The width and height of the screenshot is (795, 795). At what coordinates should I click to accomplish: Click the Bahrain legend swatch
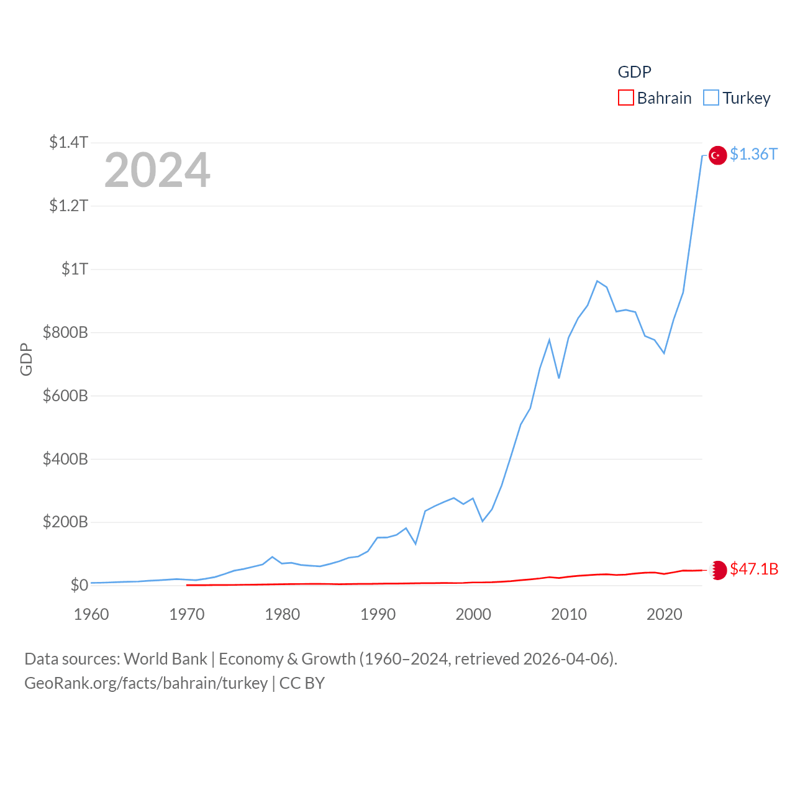(x=626, y=98)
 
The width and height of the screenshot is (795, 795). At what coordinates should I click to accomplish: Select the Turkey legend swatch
(x=711, y=98)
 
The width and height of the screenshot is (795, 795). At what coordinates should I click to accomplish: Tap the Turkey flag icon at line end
(x=717, y=155)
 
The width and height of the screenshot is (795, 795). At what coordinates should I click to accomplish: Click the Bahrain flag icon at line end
(x=718, y=570)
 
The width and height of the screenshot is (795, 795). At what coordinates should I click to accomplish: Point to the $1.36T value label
(x=753, y=154)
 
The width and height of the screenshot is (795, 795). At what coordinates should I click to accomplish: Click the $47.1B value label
(x=754, y=569)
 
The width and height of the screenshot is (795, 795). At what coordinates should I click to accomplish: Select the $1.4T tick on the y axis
(x=68, y=142)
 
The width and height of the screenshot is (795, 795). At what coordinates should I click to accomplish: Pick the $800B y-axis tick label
(x=65, y=332)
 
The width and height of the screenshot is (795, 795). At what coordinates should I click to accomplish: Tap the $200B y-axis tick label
(x=65, y=522)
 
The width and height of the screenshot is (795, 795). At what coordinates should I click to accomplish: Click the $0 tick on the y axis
(x=79, y=585)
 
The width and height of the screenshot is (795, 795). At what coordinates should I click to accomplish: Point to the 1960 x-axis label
(x=91, y=614)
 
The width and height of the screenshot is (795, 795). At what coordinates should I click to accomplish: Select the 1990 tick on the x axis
(x=378, y=614)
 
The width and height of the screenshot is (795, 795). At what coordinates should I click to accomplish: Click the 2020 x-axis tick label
(x=665, y=614)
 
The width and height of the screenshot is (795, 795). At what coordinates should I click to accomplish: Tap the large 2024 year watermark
(x=157, y=170)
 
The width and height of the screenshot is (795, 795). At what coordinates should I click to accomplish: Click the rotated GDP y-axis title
(x=26, y=359)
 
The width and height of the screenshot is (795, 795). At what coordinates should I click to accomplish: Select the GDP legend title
(x=634, y=72)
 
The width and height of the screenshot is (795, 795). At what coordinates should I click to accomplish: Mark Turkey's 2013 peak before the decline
(x=597, y=281)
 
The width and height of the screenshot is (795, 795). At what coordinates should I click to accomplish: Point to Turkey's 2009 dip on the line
(x=559, y=378)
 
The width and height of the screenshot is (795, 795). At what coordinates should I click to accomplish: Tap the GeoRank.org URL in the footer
(x=146, y=683)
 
